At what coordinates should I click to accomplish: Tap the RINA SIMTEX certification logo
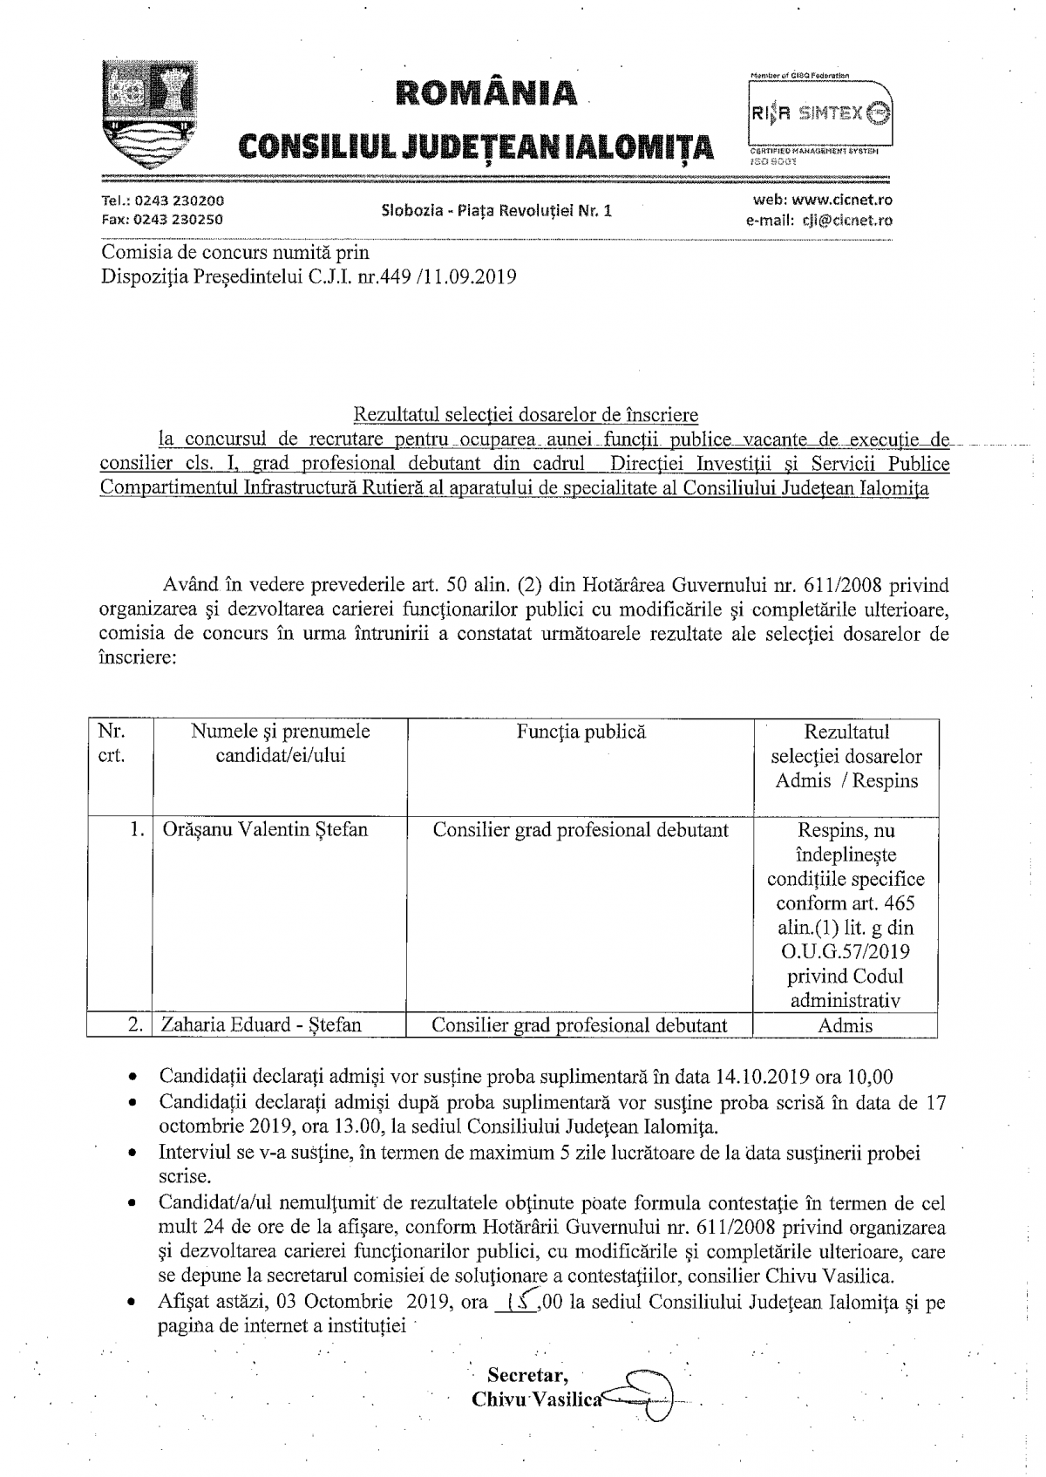coord(819,112)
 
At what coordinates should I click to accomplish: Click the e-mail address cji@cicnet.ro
coord(846,220)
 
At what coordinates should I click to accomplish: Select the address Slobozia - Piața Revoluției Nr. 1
coord(497,210)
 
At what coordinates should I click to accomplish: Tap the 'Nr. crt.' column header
coord(112,744)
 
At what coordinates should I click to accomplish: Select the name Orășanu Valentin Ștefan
coord(265,830)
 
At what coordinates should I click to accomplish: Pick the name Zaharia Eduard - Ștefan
coord(261,1024)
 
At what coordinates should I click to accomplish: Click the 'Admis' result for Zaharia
coord(846,1025)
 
